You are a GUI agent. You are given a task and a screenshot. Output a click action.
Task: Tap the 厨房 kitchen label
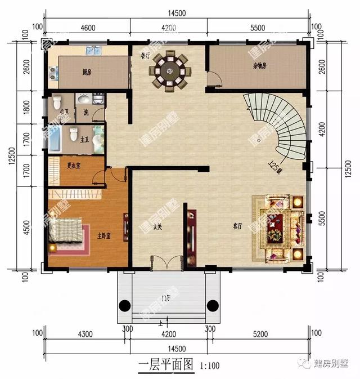coord(87,73)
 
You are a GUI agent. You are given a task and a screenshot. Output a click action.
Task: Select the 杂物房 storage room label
coord(259,66)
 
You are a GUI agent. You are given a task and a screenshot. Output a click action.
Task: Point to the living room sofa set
coord(278,226)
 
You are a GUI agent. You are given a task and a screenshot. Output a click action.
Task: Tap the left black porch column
coord(123,306)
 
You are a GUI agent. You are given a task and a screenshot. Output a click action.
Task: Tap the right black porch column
coord(213,306)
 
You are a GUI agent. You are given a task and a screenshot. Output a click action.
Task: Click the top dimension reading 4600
coord(88,26)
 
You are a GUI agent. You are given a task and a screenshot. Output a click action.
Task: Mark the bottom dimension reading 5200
coord(259,334)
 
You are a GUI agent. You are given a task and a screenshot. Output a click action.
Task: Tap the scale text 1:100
coord(209,364)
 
